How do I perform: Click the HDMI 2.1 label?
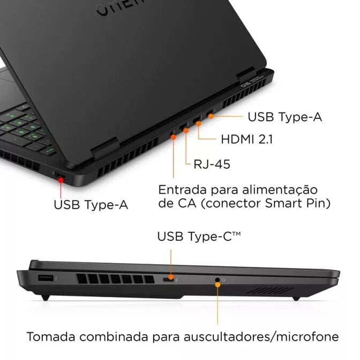point(247,139)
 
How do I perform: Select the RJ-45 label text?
point(212,164)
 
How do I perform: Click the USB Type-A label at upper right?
point(284,116)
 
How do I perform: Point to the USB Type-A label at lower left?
point(91,204)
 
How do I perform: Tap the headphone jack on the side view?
point(217,280)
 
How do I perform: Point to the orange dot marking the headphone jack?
point(217,284)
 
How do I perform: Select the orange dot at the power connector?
point(174,137)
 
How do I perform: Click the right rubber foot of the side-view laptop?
point(295,297)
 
